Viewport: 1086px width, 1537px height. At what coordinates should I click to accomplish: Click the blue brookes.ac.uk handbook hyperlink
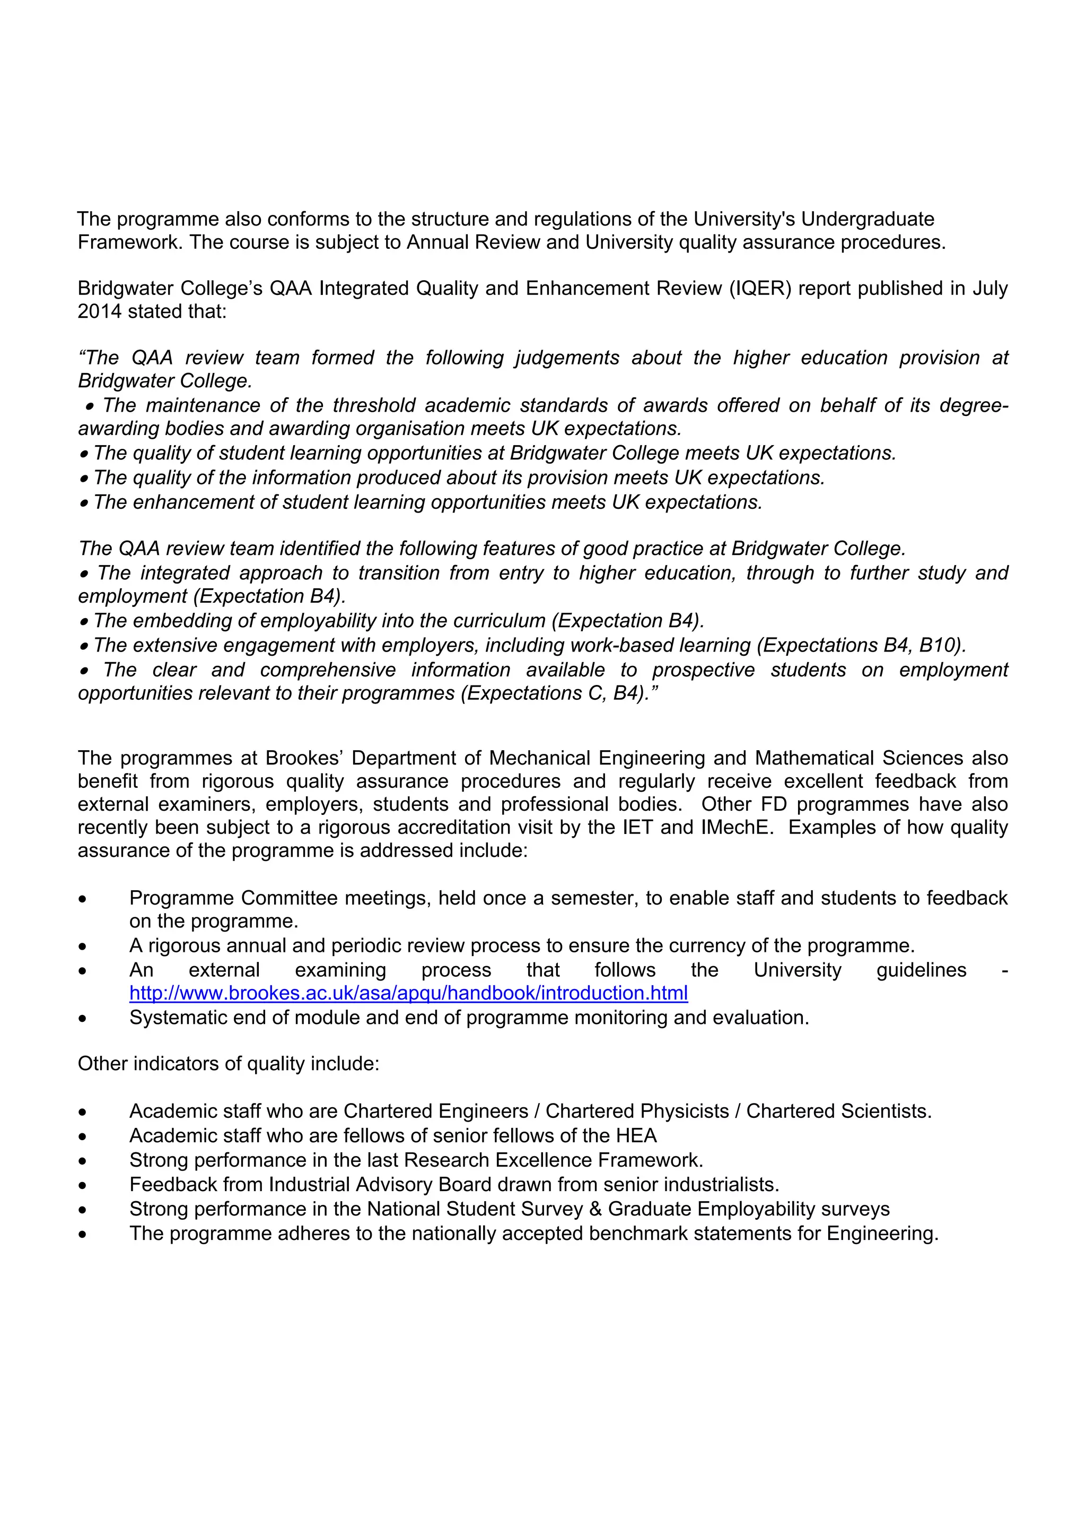tap(408, 993)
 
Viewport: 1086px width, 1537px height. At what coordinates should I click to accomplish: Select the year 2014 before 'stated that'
tap(100, 311)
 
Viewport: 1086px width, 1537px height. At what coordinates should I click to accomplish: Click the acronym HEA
tap(636, 1135)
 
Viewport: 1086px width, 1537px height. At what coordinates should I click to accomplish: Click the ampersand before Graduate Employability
tap(595, 1209)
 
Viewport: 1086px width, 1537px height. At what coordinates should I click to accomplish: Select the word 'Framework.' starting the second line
tap(130, 242)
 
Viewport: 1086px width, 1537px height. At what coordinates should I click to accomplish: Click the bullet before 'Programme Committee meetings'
tap(82, 899)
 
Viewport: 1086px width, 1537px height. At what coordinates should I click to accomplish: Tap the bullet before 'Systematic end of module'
tap(82, 1019)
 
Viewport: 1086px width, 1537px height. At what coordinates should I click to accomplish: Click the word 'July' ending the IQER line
tap(989, 288)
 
